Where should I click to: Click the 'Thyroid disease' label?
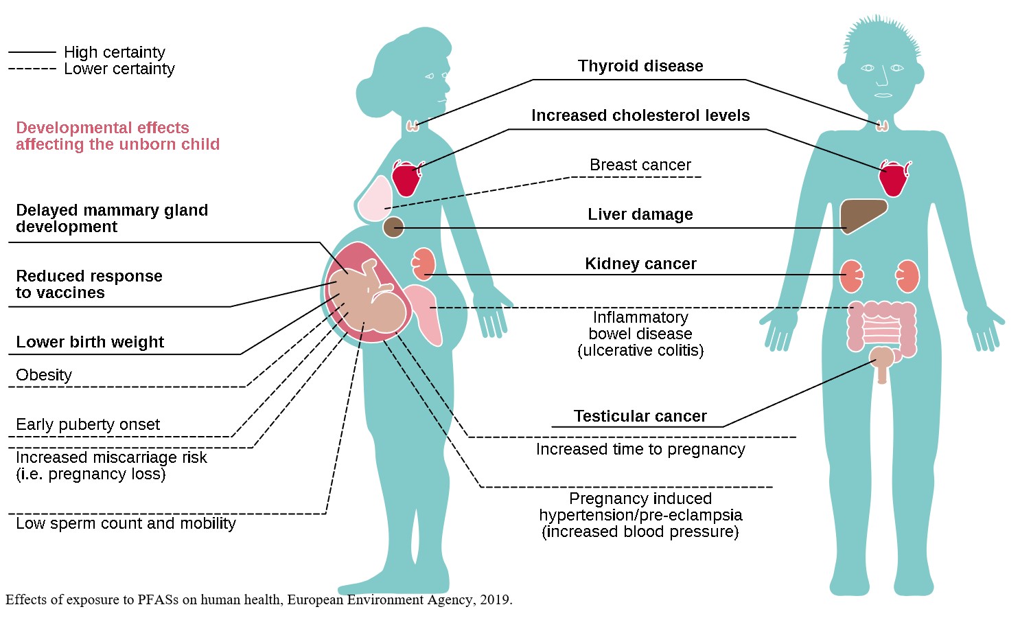click(640, 66)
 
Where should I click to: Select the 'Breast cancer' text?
click(640, 165)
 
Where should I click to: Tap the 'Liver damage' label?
click(640, 214)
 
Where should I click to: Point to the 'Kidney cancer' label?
click(640, 264)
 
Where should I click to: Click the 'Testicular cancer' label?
click(640, 416)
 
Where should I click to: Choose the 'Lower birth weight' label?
click(90, 342)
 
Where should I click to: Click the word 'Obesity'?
click(44, 375)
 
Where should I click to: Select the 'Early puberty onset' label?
click(88, 424)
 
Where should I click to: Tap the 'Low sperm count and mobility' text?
click(126, 523)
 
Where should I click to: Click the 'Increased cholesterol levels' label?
click(640, 115)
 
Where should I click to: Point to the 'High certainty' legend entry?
click(114, 52)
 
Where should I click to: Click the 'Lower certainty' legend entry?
click(119, 69)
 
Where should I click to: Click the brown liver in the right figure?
click(861, 214)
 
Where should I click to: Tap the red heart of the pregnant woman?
click(406, 178)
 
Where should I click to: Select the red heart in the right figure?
click(894, 179)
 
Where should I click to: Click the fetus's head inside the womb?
click(387, 310)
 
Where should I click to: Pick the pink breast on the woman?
click(375, 200)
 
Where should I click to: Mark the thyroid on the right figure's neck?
click(883, 125)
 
